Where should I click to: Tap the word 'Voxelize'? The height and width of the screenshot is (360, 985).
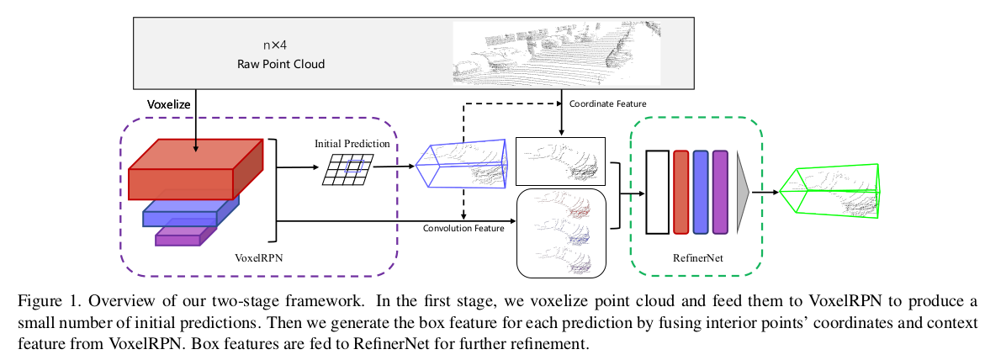(169, 107)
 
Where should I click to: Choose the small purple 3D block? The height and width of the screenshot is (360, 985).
(185, 235)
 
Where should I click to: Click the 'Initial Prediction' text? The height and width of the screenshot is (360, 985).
(352, 144)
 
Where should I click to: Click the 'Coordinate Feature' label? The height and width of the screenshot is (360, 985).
(608, 103)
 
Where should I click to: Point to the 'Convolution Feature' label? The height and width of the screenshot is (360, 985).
(463, 227)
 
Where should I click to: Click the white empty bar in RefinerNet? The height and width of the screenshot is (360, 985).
(657, 192)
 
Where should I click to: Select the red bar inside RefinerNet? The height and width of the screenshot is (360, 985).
(681, 192)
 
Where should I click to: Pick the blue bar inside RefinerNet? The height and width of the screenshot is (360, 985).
(701, 192)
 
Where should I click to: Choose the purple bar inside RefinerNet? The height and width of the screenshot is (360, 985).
(720, 192)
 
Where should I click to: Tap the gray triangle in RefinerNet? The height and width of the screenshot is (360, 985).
(742, 192)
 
